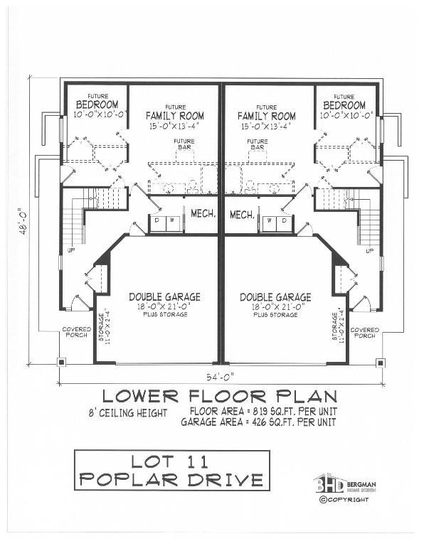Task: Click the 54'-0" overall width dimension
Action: click(x=221, y=375)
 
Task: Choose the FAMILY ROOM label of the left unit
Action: click(x=175, y=116)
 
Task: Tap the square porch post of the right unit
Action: click(x=381, y=362)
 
